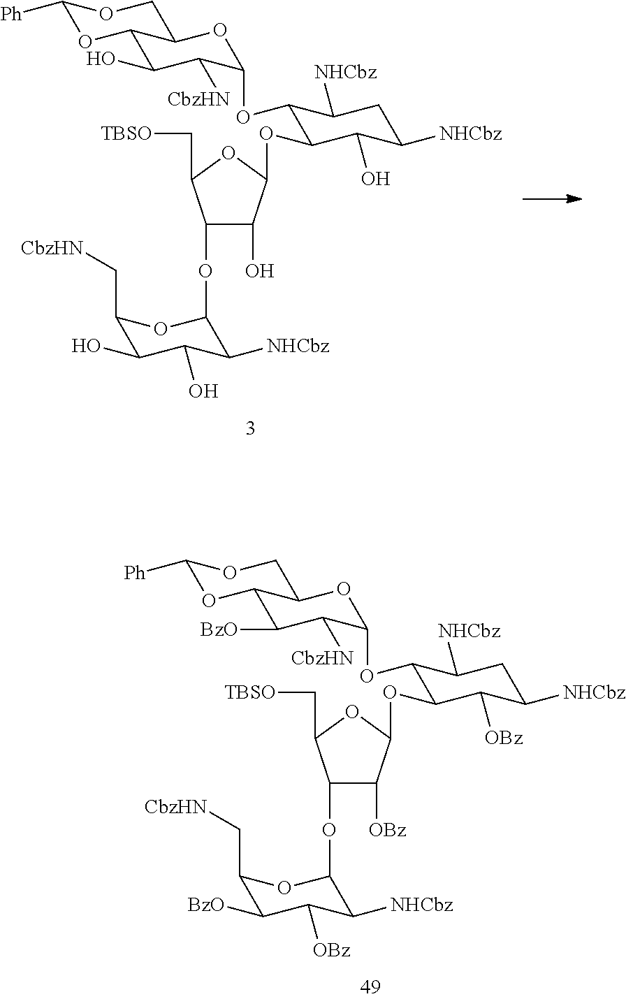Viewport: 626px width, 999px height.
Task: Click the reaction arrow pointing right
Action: click(x=552, y=199)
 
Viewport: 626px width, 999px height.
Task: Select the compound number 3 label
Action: click(x=250, y=428)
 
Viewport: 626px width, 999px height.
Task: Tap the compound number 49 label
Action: click(x=370, y=986)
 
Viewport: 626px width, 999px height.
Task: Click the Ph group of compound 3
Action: click(x=11, y=15)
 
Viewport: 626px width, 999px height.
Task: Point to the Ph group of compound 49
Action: click(x=136, y=574)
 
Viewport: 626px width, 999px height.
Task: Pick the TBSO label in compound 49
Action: click(x=250, y=692)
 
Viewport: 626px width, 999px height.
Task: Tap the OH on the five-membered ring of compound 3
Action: click(x=259, y=271)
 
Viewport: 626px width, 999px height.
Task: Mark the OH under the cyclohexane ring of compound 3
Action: click(x=375, y=179)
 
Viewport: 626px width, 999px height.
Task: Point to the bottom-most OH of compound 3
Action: click(x=203, y=391)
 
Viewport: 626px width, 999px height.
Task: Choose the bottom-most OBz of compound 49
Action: click(x=331, y=950)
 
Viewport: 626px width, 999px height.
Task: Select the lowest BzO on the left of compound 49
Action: click(x=205, y=905)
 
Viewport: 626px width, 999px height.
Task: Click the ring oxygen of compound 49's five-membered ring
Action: click(x=353, y=713)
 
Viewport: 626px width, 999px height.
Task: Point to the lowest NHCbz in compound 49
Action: click(x=421, y=905)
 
